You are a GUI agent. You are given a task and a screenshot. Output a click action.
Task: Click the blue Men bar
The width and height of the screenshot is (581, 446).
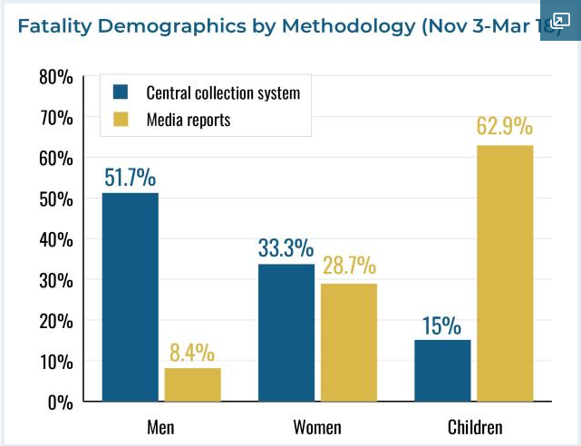coord(130,296)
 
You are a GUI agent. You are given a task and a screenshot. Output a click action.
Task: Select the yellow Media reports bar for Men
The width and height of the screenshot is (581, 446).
coord(192,384)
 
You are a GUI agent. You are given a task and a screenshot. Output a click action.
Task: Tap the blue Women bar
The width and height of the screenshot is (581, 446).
coord(286,333)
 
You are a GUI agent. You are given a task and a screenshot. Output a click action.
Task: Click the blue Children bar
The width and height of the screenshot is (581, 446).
coord(442,370)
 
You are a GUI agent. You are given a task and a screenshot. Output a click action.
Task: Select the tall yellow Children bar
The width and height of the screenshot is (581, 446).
coord(505,273)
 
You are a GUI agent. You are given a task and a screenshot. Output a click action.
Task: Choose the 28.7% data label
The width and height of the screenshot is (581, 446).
coord(347,267)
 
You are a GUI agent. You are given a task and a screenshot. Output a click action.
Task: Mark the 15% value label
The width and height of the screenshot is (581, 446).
coord(441,325)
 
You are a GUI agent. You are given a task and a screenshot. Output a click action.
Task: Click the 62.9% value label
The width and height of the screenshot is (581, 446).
coord(505,127)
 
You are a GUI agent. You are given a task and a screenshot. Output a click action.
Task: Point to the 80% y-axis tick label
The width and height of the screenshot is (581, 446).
coord(55,76)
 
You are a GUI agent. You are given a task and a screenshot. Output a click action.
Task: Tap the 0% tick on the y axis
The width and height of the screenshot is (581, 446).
coord(59,402)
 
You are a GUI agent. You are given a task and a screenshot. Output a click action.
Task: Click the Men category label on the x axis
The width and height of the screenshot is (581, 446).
coord(160,426)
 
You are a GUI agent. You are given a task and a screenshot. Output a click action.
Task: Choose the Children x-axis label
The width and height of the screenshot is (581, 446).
coord(474,426)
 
